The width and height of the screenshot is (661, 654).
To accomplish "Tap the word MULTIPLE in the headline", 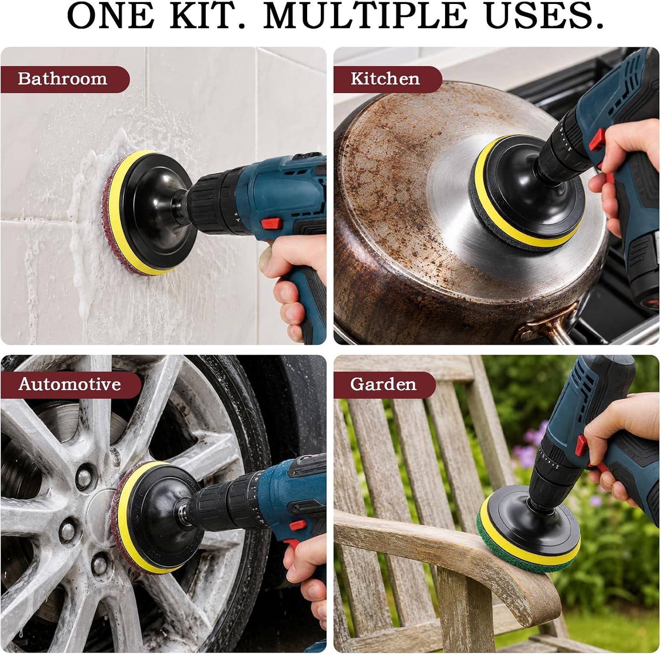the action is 365,16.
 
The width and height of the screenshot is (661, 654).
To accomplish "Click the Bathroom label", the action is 63,78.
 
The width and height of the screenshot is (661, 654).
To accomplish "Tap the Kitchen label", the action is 385,78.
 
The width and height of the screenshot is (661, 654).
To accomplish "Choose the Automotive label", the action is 70,384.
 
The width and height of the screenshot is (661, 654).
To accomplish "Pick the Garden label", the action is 383,384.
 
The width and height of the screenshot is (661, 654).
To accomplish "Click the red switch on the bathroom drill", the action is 271,224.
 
